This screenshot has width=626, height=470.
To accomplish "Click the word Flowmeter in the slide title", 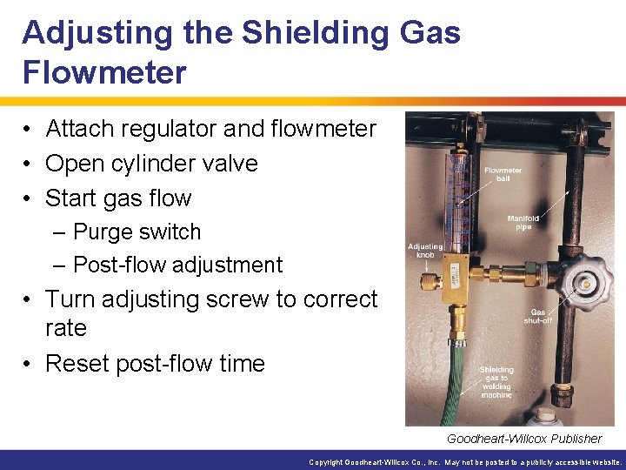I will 104,72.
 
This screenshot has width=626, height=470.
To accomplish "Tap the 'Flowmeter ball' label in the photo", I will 503,174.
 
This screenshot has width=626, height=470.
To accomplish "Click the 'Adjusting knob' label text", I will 425,252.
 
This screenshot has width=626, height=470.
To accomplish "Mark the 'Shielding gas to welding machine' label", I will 496,382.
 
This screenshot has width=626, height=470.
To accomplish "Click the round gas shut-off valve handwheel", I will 583,283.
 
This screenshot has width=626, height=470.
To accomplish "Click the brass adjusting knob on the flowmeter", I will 430,280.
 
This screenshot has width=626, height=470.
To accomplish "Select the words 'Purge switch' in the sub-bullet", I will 137,232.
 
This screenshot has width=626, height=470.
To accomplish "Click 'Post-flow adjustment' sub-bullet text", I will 177,265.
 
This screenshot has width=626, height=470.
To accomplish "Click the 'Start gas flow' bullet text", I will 118,198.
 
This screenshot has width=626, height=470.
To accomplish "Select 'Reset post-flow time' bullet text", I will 155,363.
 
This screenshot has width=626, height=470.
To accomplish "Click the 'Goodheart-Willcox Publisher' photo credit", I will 523,439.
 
